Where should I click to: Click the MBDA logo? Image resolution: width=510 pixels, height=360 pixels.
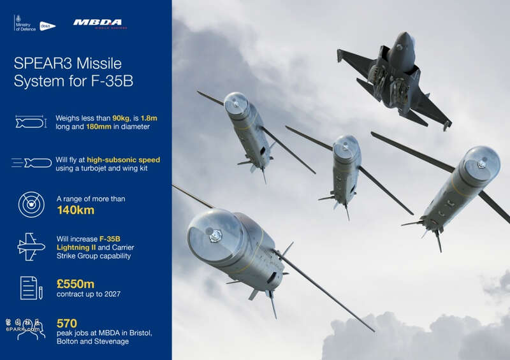coord(100,24)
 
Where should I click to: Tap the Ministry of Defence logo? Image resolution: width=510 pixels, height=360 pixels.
coord(25,23)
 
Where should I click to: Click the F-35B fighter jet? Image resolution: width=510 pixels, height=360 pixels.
coord(395,80)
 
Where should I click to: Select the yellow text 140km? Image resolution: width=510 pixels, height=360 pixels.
coord(76,210)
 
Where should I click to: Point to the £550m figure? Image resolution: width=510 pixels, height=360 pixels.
coord(75,284)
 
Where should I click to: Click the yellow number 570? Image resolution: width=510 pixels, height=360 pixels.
coord(67,323)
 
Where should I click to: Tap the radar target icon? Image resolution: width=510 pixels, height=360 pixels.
coord(31,205)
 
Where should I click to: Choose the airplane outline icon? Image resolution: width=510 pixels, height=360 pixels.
coord(31,247)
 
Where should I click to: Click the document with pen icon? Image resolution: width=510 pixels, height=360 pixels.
coord(31,288)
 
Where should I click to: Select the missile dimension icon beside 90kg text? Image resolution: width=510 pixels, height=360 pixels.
coord(31,122)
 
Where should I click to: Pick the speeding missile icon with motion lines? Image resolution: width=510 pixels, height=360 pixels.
coord(31,162)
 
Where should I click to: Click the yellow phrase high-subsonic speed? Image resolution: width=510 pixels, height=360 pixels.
coord(123,160)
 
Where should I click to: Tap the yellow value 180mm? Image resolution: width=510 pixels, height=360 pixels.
coord(99,127)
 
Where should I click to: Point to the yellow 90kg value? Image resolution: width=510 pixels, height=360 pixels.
coord(121,118)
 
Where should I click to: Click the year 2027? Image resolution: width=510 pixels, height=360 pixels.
coord(112,294)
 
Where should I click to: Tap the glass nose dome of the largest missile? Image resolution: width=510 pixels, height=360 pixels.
coord(214,234)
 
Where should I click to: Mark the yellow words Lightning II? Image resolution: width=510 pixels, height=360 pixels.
coord(76,247)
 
